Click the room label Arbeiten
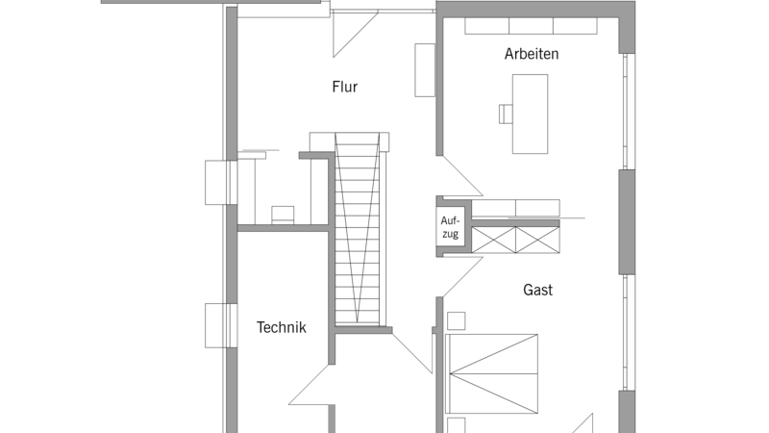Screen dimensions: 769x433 click(532, 54)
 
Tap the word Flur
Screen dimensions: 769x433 click(345, 87)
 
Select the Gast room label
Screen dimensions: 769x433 click(537, 290)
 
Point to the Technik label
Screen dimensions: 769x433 click(281, 327)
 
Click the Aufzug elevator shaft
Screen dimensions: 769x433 click(450, 226)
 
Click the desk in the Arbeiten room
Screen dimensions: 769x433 click(531, 114)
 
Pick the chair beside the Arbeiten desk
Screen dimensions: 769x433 click(506, 114)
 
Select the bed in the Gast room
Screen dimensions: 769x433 click(491, 374)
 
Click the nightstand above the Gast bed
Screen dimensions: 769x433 click(456, 321)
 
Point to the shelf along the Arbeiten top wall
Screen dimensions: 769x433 click(532, 26)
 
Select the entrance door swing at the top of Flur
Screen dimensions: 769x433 click(356, 34)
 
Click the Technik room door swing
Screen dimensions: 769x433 click(309, 385)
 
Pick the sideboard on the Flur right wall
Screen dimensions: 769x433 click(425, 70)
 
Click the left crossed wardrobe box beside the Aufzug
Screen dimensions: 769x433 click(493, 240)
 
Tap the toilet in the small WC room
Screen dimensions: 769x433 click(283, 215)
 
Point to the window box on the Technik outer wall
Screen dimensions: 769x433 click(221, 325)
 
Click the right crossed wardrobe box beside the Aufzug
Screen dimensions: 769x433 click(537, 240)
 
